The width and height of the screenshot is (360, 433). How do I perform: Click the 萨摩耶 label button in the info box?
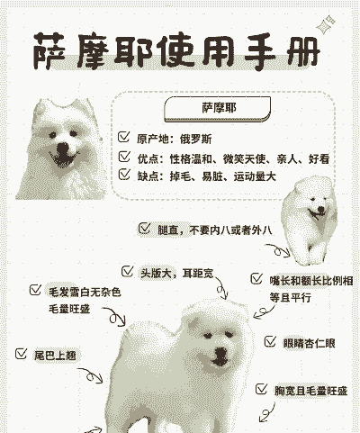pos(218,109)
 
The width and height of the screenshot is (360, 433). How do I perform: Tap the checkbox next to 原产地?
pos(124,137)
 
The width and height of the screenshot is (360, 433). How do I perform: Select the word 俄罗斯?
pos(195,140)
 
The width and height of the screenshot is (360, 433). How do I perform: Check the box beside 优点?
pos(124,157)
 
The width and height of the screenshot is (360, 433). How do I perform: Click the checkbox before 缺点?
pos(124,174)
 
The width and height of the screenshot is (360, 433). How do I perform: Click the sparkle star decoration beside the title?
pos(326,24)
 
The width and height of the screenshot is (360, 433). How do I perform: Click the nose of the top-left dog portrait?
pos(62,148)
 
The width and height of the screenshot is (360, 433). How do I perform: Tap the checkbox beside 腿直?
pos(144,229)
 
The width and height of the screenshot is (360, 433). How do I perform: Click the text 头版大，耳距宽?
pos(177,273)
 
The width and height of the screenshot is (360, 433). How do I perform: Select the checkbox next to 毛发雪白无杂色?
pos(35,290)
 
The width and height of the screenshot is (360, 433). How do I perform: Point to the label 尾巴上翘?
pos(55,356)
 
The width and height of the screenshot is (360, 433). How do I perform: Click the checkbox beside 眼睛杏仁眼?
pos(270,341)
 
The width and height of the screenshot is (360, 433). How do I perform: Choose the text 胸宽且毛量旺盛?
pos(310,391)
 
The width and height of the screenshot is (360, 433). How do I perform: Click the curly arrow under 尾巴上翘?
pos(93,375)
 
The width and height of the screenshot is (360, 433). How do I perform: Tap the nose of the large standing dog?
pos(221,353)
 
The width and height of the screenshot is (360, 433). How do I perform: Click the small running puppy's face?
pos(318,208)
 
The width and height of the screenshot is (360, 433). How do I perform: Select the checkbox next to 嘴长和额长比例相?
pos(256,279)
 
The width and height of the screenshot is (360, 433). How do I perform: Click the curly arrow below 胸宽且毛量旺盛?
pos(267,412)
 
